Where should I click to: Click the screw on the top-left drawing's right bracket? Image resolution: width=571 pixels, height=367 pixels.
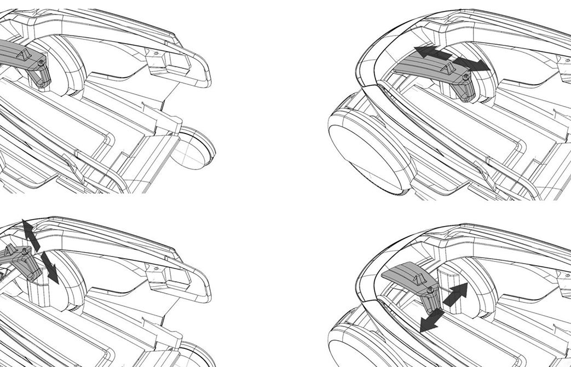[156, 54]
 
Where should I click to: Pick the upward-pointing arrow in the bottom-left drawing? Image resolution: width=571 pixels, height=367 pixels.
[27, 230]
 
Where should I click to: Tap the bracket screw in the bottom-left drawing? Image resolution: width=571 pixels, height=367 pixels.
[156, 269]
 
